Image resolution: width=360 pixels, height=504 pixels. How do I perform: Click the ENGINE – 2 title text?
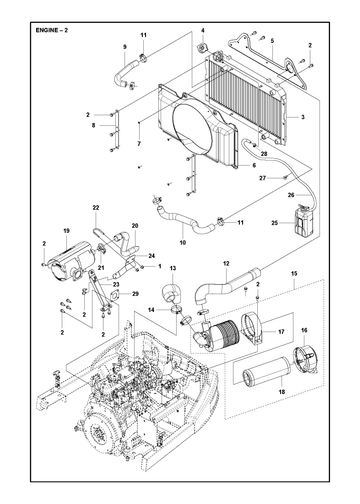click(52, 30)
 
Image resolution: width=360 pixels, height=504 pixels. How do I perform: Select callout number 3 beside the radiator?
click(303, 117)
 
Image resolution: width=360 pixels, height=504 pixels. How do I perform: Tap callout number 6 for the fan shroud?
click(254, 165)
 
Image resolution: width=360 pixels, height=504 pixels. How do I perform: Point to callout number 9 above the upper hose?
click(125, 47)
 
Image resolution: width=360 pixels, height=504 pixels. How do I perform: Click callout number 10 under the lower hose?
click(182, 243)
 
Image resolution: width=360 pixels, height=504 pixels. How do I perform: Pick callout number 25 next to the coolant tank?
click(274, 223)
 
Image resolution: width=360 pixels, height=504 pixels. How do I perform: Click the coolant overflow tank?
click(303, 222)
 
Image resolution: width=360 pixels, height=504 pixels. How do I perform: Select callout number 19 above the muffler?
click(66, 231)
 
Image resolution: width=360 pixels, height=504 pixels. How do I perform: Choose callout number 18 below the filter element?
click(282, 392)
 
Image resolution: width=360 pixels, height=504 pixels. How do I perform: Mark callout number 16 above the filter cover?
click(304, 330)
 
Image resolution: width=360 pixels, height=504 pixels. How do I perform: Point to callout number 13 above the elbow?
click(173, 268)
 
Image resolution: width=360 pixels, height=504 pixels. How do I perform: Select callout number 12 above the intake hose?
click(226, 263)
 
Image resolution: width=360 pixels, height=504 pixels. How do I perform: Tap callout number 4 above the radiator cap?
click(203, 30)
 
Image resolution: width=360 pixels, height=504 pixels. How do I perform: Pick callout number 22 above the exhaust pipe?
click(96, 207)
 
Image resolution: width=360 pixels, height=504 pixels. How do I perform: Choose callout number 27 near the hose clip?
click(263, 178)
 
